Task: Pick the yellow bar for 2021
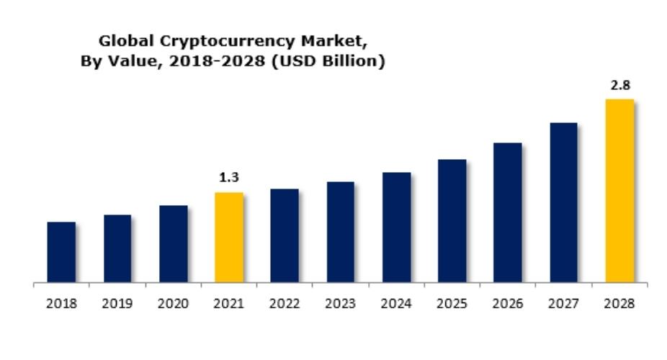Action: pyautogui.click(x=229, y=238)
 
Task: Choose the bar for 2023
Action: pyautogui.click(x=341, y=232)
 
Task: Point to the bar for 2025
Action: pyautogui.click(x=452, y=221)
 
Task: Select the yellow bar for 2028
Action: pyautogui.click(x=619, y=191)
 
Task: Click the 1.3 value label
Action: pyautogui.click(x=229, y=177)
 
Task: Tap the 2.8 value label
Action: pyautogui.click(x=619, y=85)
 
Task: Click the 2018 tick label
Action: pyautogui.click(x=61, y=304)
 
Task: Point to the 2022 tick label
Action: pyautogui.click(x=285, y=304)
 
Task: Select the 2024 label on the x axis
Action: pyautogui.click(x=396, y=304)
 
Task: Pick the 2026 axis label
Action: pyautogui.click(x=508, y=304)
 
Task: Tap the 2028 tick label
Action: pyautogui.click(x=619, y=304)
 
